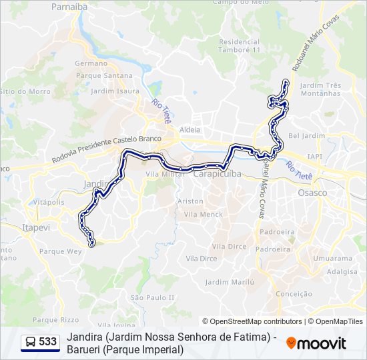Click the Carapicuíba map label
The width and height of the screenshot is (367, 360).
[x=218, y=173]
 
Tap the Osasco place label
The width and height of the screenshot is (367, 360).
[x=312, y=193]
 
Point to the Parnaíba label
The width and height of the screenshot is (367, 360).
[x=70, y=7]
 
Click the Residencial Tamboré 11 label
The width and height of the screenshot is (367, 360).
[x=239, y=46]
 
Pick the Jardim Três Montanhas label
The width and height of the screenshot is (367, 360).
[x=320, y=89]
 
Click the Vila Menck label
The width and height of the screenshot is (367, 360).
[x=204, y=214]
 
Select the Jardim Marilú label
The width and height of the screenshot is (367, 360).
[x=230, y=282]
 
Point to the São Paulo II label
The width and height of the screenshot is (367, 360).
[x=153, y=297]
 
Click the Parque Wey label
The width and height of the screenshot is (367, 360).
[x=60, y=251]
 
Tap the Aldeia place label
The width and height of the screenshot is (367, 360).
[x=190, y=129]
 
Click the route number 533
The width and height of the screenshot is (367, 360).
[x=47, y=342]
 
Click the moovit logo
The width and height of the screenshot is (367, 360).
[x=316, y=343]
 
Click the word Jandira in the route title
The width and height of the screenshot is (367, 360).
[x=85, y=337]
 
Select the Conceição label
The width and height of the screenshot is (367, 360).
[x=294, y=293]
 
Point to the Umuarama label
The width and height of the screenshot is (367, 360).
[x=335, y=258]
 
